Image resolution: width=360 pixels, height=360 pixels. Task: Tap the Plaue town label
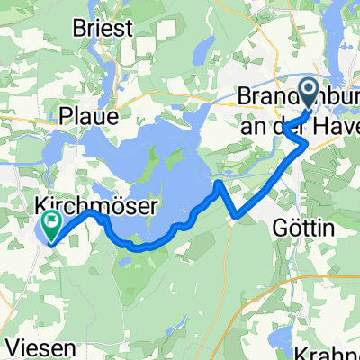click(88, 116)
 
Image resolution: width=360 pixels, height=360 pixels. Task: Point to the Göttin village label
click(302, 229)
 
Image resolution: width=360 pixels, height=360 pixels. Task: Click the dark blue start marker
click(308, 93)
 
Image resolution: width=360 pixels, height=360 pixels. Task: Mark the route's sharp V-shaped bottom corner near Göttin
click(237, 217)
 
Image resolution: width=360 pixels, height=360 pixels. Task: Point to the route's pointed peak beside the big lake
click(219, 183)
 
